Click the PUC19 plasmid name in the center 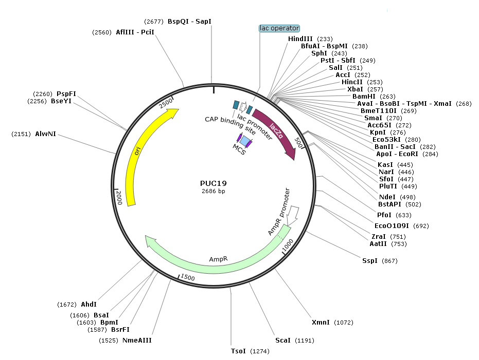213,183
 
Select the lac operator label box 279,28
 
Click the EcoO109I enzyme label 392,225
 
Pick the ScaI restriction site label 283,340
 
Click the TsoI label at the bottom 238,351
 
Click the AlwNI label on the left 45,134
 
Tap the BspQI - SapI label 189,22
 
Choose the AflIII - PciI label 135,32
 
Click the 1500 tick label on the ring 187,277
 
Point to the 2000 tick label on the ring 119,197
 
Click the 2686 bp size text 213,191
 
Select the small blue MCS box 246,141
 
